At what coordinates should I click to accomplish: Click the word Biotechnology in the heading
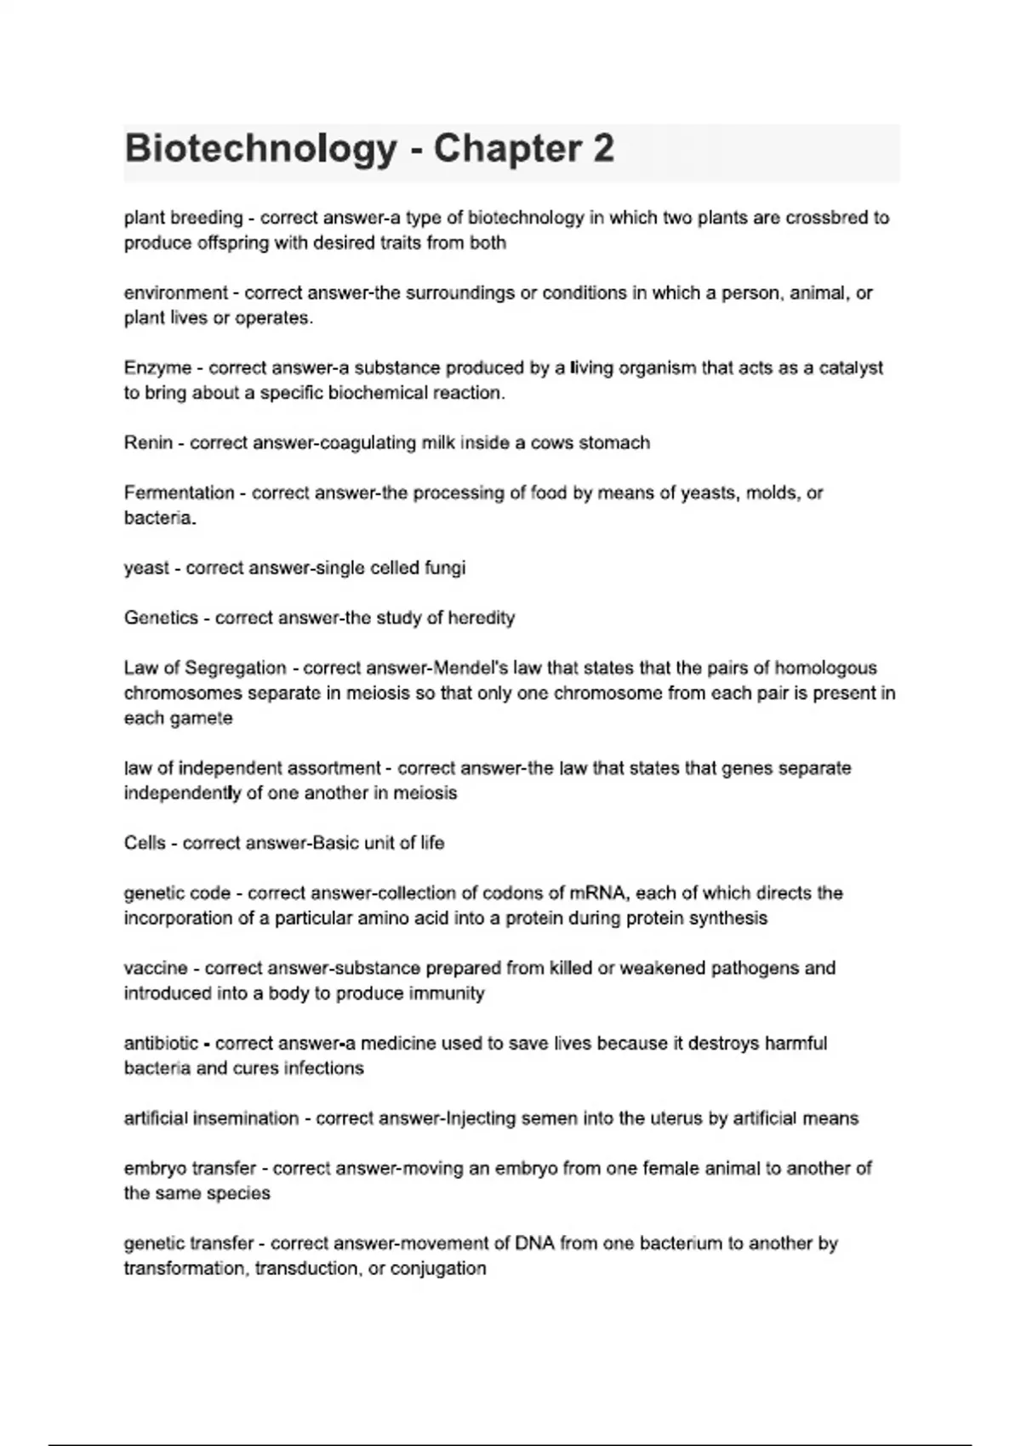click(260, 150)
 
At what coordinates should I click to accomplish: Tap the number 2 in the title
click(602, 150)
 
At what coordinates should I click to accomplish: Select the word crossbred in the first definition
click(824, 218)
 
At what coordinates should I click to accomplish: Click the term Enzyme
click(157, 368)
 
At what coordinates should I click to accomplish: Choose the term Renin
click(148, 443)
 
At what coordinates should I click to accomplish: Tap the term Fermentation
click(179, 493)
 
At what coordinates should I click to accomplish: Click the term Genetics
click(161, 618)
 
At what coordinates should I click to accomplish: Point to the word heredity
click(482, 618)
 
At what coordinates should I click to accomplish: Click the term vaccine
click(156, 969)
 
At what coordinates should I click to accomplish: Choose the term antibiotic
click(161, 1044)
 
